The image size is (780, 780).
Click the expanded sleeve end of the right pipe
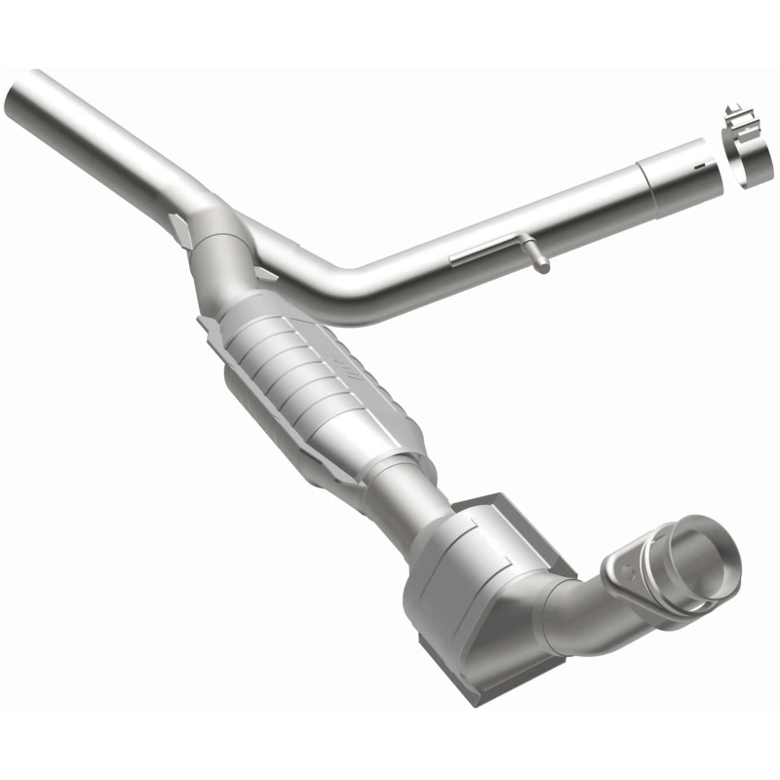tap(678, 175)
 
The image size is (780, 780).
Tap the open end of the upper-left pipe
tap(21, 93)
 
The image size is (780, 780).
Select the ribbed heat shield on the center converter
tap(312, 370)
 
